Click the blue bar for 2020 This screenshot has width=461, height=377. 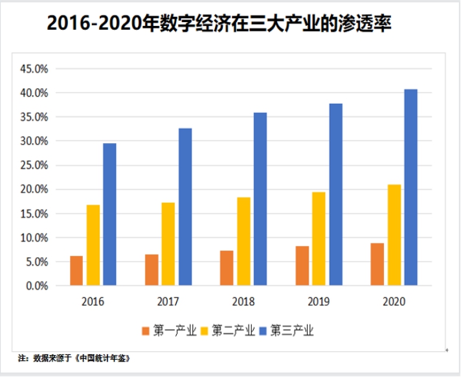tap(410, 187)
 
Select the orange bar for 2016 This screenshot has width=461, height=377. tap(76, 271)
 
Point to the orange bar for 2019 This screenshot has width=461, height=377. tap(302, 266)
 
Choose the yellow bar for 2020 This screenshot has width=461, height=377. tap(394, 235)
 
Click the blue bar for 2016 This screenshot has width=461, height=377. tap(109, 214)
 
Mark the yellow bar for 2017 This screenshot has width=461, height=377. tap(168, 244)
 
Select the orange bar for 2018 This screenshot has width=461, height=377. tap(227, 268)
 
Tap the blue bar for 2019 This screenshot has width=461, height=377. tap(335, 194)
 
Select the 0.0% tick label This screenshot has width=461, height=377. tap(36, 286)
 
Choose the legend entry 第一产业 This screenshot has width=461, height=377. tap(170, 331)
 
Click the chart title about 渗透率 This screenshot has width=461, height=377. tap(219, 25)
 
